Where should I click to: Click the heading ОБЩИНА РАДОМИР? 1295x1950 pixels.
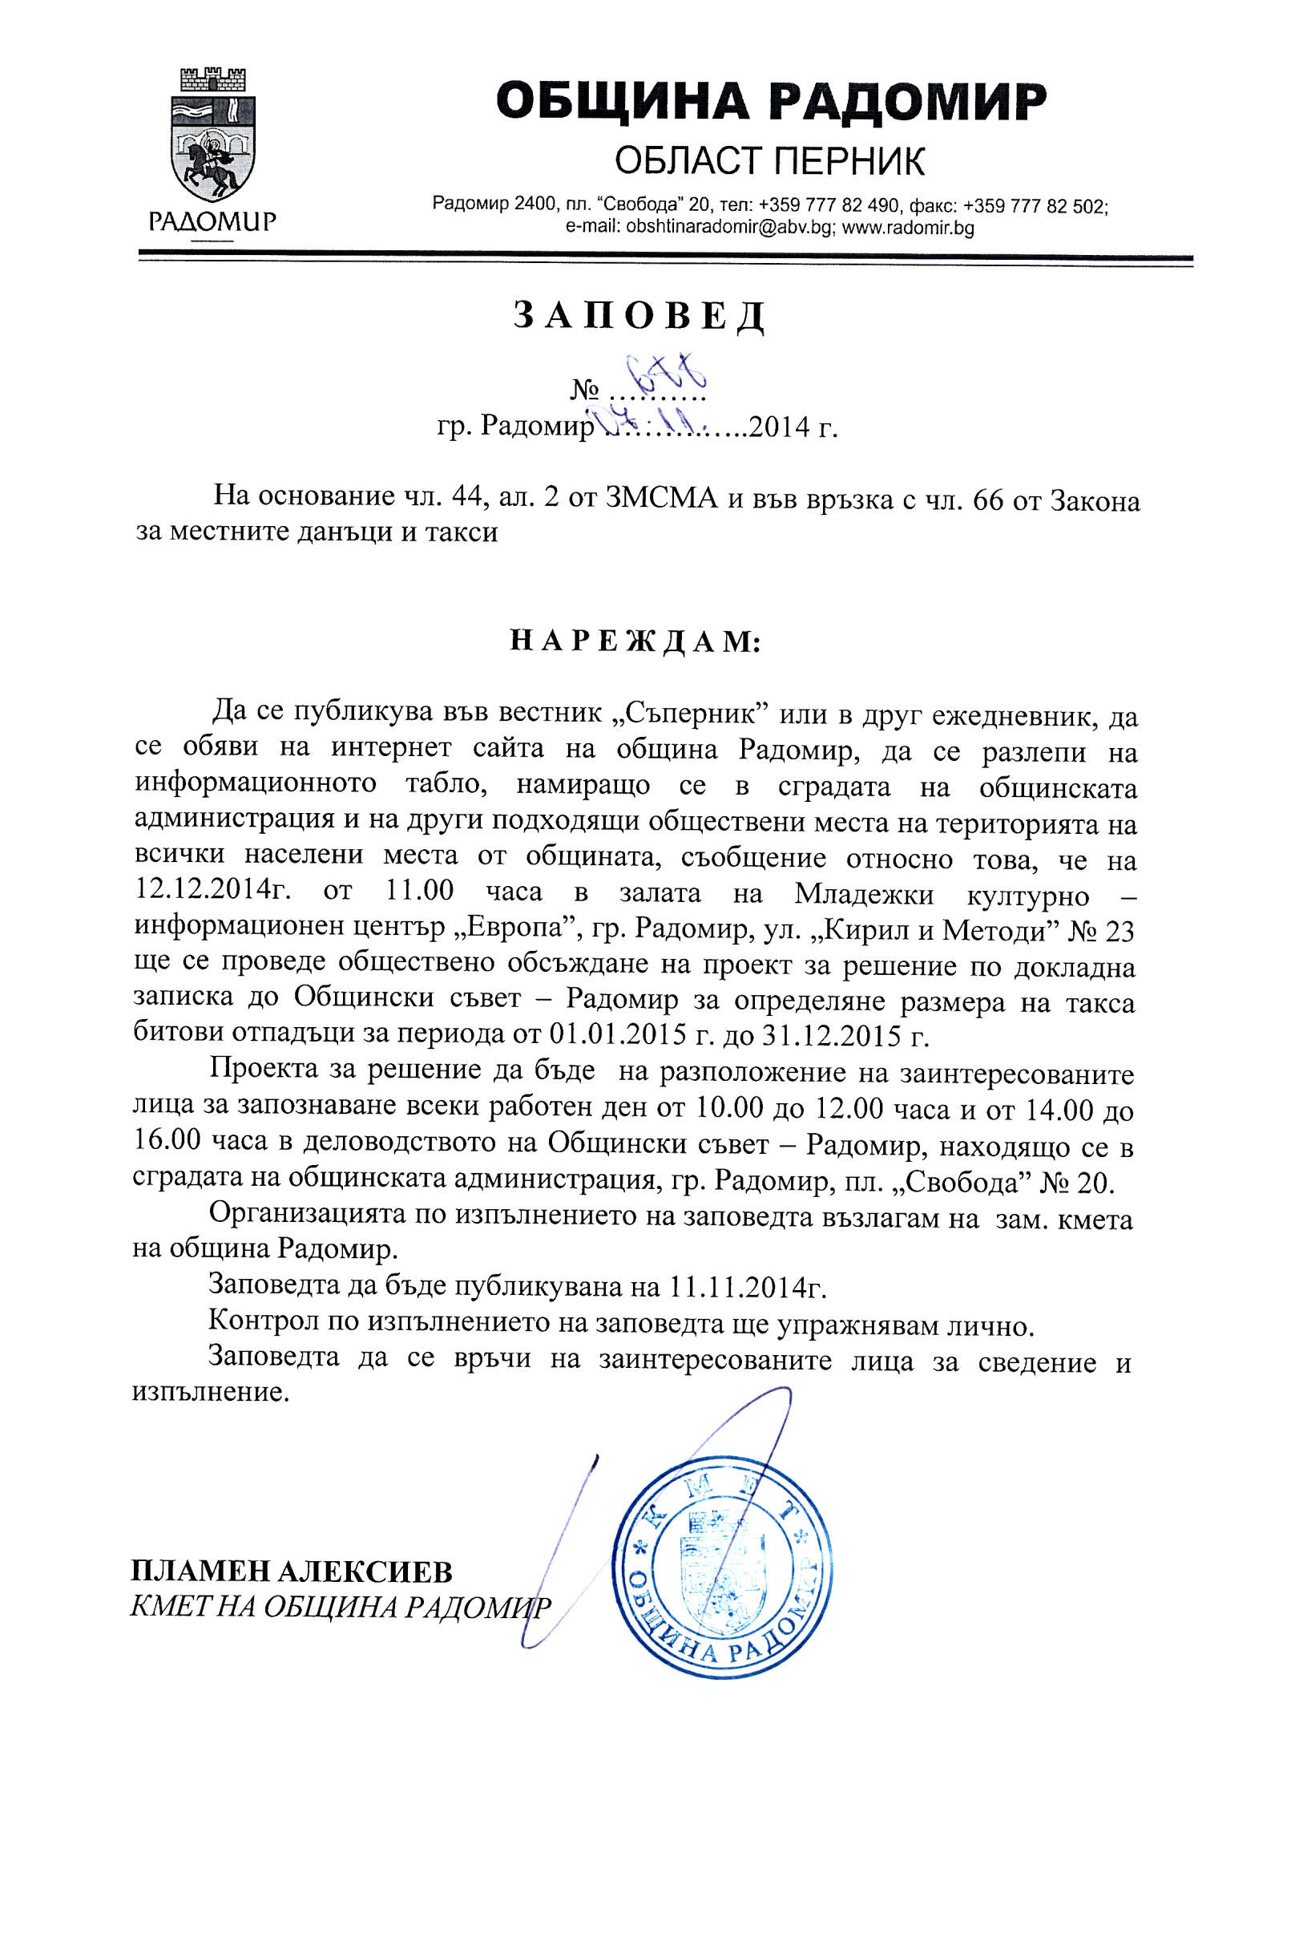[x=771, y=102]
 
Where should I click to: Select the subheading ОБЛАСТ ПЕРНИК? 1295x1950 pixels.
[x=770, y=161]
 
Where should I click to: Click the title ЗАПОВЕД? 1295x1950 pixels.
[x=639, y=316]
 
